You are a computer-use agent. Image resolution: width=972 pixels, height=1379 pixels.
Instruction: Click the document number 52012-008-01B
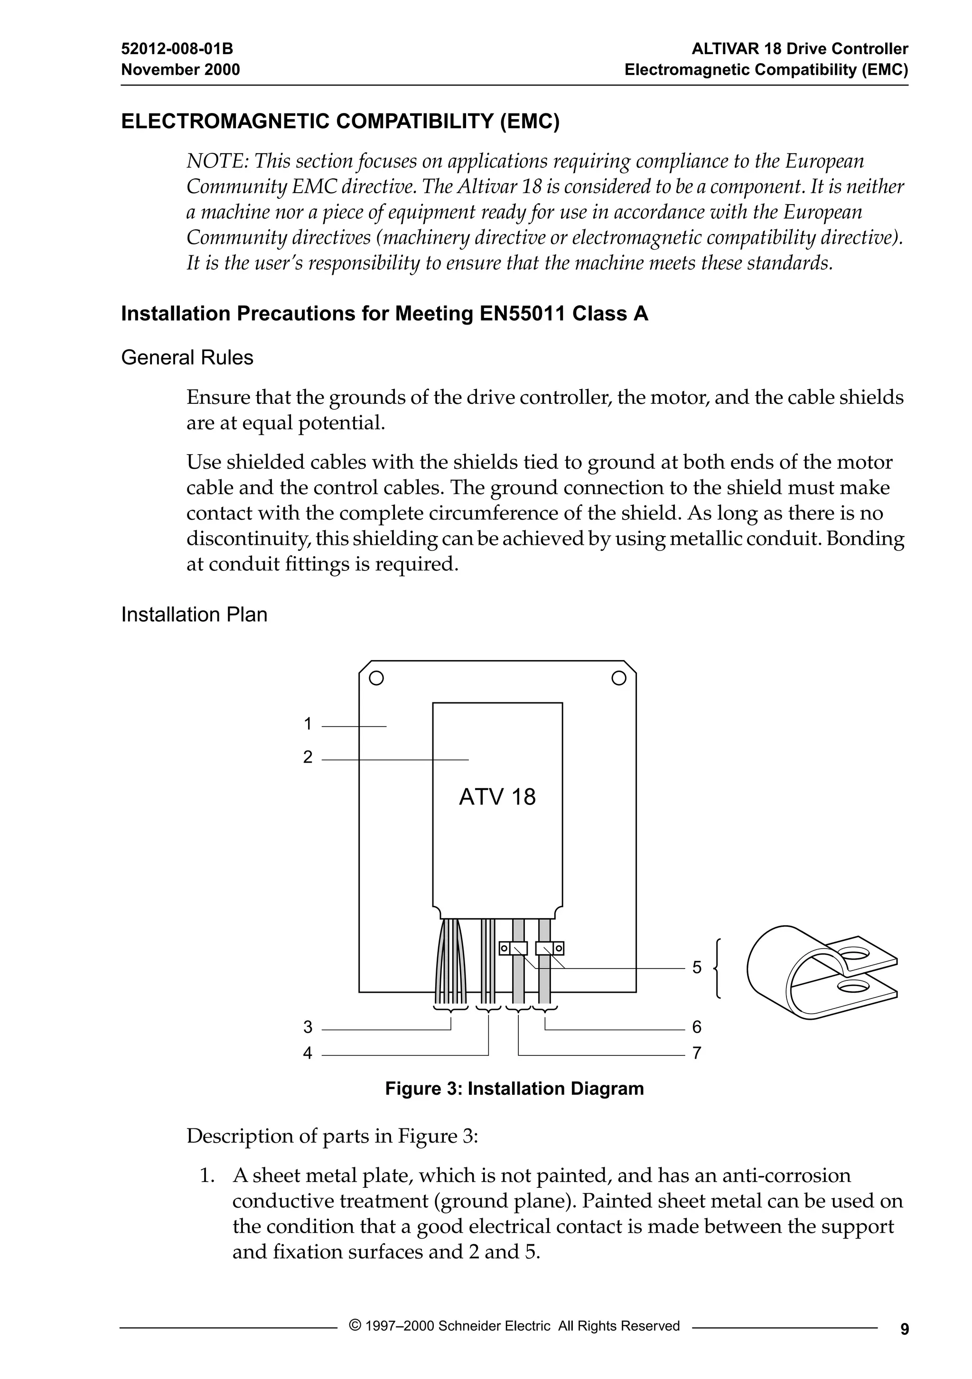pyautogui.click(x=177, y=49)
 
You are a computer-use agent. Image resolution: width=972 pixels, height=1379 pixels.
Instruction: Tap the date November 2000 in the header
pyautogui.click(x=180, y=70)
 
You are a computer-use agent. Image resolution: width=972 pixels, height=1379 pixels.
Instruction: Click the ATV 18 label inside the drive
pyautogui.click(x=497, y=797)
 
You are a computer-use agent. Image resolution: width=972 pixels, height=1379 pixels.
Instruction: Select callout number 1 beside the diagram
pyautogui.click(x=308, y=724)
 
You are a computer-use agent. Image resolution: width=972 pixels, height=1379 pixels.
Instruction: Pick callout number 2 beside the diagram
pyautogui.click(x=308, y=757)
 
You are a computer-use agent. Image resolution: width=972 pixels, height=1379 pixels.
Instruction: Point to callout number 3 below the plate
pyautogui.click(x=308, y=1027)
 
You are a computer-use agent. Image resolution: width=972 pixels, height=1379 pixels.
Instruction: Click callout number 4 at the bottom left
pyautogui.click(x=308, y=1053)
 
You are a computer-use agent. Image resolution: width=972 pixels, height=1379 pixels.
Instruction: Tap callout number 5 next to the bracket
pyautogui.click(x=696, y=967)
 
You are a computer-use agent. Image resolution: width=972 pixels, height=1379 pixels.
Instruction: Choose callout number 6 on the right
pyautogui.click(x=696, y=1027)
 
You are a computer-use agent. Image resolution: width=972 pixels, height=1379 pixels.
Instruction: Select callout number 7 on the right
pyautogui.click(x=696, y=1053)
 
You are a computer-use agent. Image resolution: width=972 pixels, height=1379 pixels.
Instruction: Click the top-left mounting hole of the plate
pyautogui.click(x=376, y=678)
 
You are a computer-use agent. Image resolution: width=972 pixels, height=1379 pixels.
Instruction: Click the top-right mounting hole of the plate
pyautogui.click(x=619, y=678)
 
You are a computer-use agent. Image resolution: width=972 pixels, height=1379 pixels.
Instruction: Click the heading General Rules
pyautogui.click(x=187, y=358)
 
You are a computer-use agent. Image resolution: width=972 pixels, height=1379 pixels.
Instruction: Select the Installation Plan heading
pyautogui.click(x=194, y=615)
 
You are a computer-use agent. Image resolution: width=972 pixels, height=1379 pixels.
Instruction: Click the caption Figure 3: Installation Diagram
pyautogui.click(x=514, y=1088)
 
